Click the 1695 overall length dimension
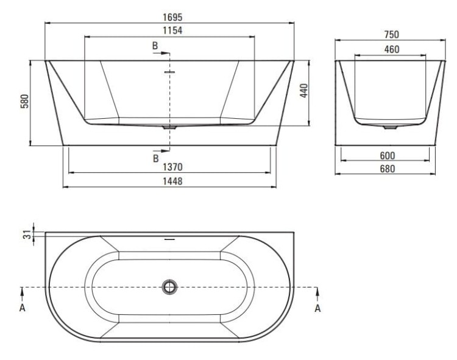tap(172, 17)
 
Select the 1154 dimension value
tap(172, 30)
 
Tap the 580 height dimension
tap(25, 101)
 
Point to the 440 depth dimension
tap(303, 91)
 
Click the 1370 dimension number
tap(172, 167)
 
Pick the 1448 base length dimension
tap(172, 181)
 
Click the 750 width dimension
tap(391, 34)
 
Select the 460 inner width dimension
tap(391, 49)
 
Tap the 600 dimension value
tap(388, 155)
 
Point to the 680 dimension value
tap(388, 169)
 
